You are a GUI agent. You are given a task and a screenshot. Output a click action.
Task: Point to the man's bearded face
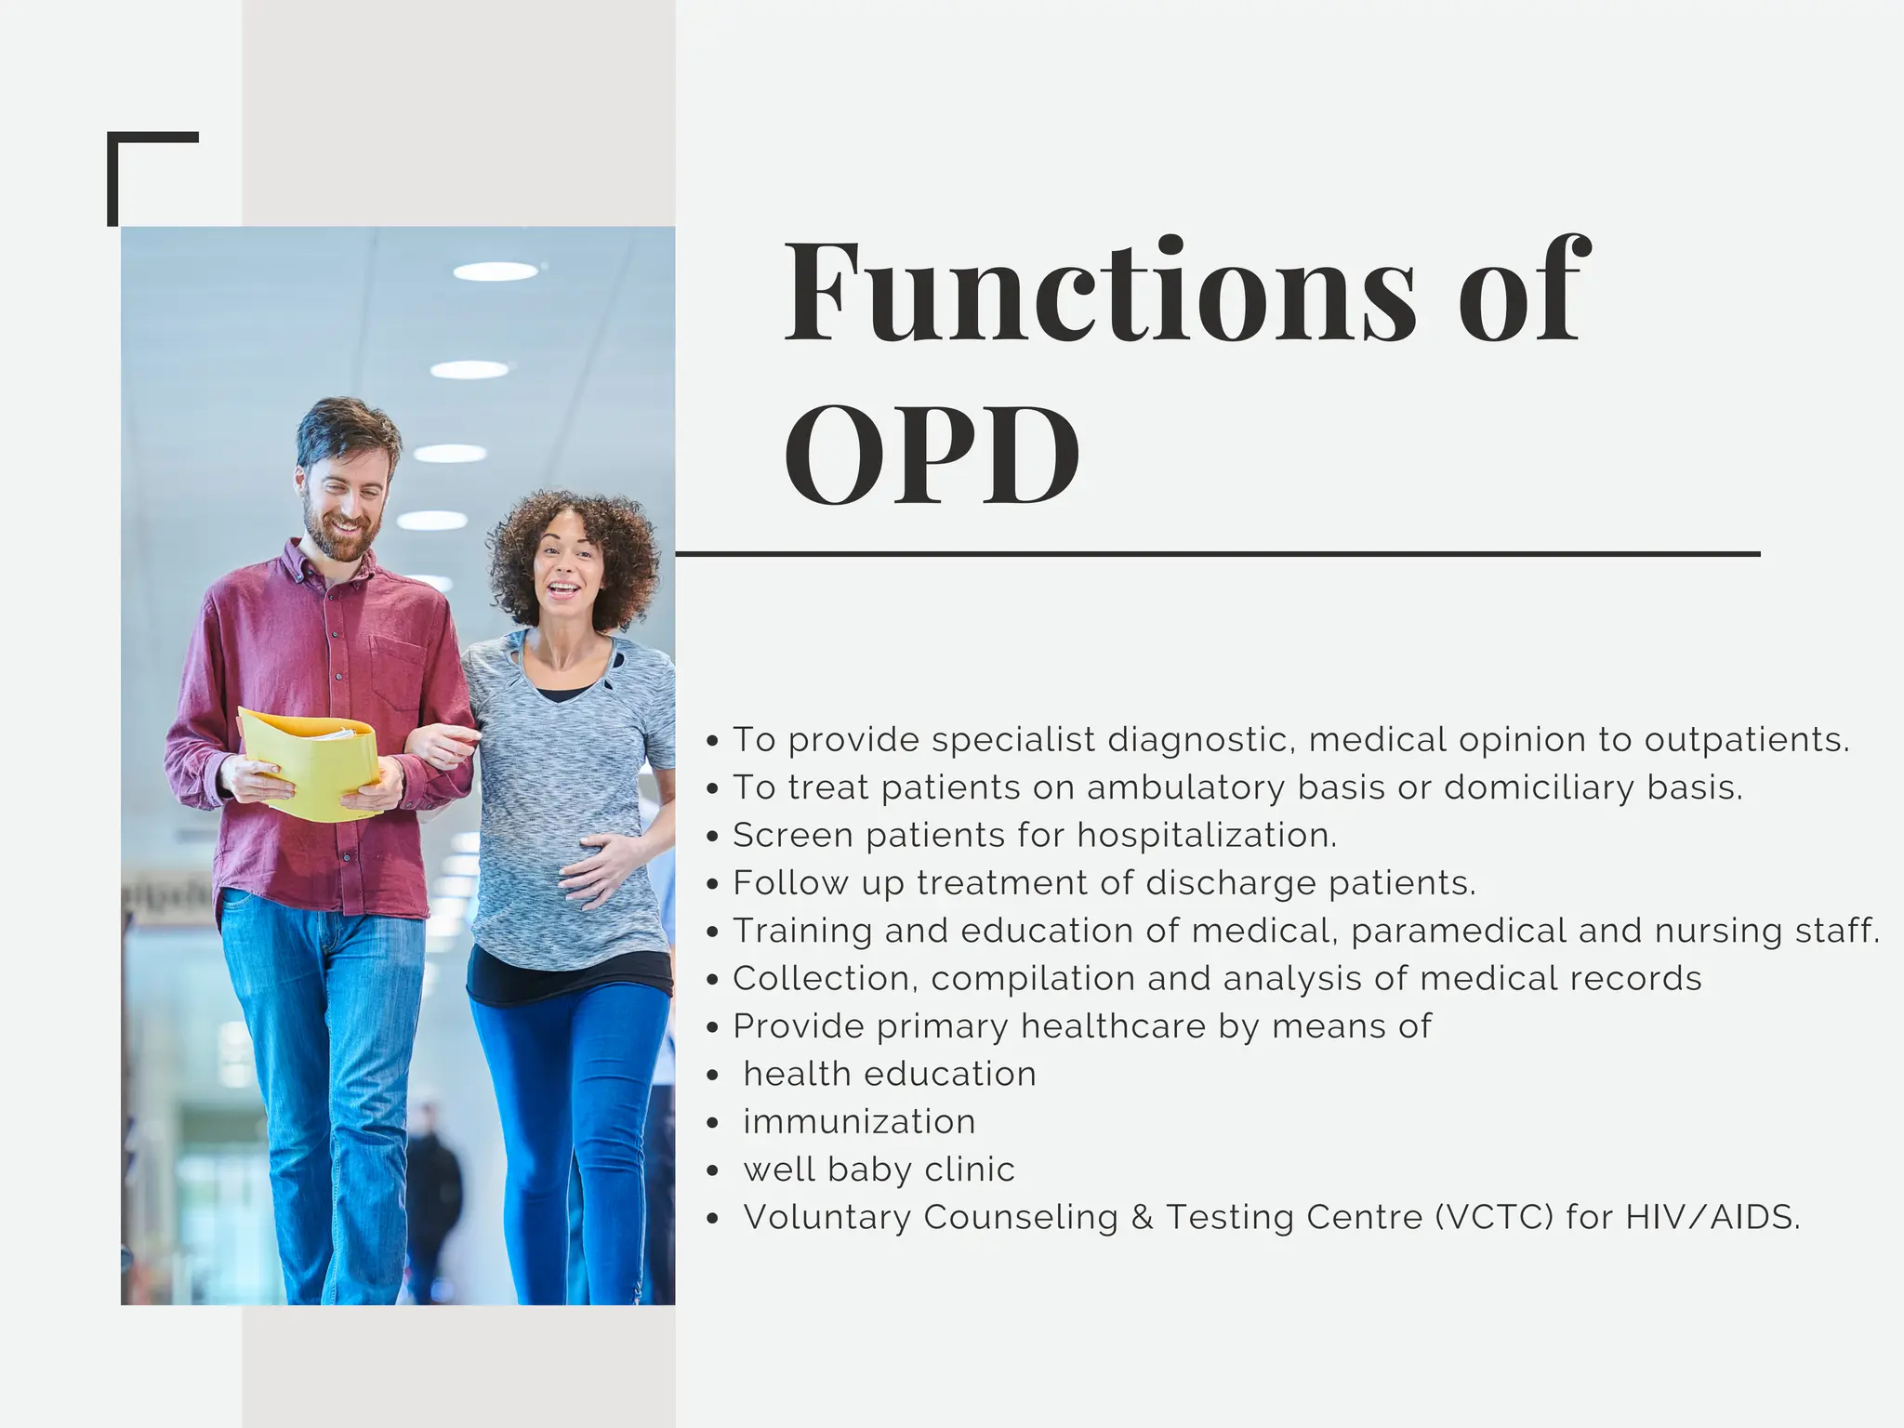click(341, 502)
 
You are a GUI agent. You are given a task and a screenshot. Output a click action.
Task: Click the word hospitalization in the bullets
click(1206, 835)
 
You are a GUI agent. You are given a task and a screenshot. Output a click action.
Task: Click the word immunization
click(859, 1122)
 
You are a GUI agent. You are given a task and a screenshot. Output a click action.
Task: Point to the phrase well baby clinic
click(879, 1170)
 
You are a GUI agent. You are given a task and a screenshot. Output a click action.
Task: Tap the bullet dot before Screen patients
click(712, 837)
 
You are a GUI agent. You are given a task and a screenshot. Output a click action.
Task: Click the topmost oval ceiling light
click(496, 271)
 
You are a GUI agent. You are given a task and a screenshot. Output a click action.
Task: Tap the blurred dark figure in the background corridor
click(431, 1181)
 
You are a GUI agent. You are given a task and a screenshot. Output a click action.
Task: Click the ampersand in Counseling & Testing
click(1142, 1217)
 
